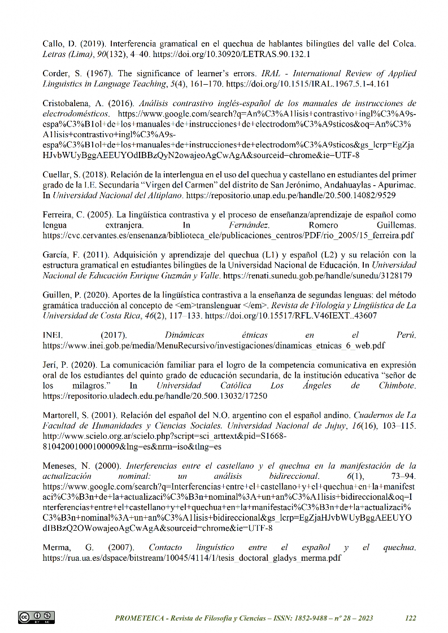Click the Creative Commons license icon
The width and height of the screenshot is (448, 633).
click(x=36, y=617)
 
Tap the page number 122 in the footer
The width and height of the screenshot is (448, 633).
click(x=411, y=618)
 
